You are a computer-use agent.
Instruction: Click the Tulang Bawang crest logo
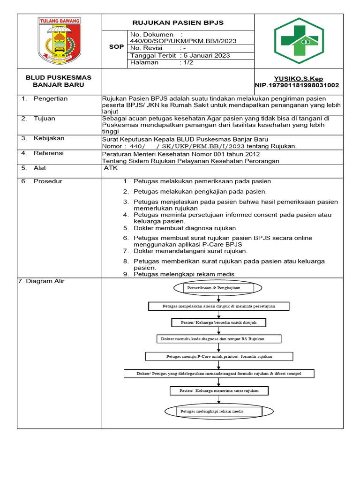[x=59, y=41]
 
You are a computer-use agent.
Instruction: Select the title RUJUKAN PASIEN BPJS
[x=178, y=22]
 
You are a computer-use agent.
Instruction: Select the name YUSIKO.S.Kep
[x=298, y=79]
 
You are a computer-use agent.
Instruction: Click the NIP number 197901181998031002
[x=297, y=85]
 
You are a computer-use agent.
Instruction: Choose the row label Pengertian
[x=51, y=98]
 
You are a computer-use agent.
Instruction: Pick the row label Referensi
[x=49, y=153]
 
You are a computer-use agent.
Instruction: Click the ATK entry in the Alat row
[x=111, y=168]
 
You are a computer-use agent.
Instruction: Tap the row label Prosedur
[x=48, y=181]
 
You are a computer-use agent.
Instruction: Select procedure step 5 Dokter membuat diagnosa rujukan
[x=184, y=228]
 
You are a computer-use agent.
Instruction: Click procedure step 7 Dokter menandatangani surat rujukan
[x=190, y=251]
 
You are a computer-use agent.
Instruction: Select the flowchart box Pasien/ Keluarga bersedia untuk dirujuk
[x=218, y=322]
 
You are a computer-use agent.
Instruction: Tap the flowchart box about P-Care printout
[x=219, y=356]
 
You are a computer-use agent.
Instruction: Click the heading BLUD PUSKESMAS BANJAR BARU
[x=59, y=81]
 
